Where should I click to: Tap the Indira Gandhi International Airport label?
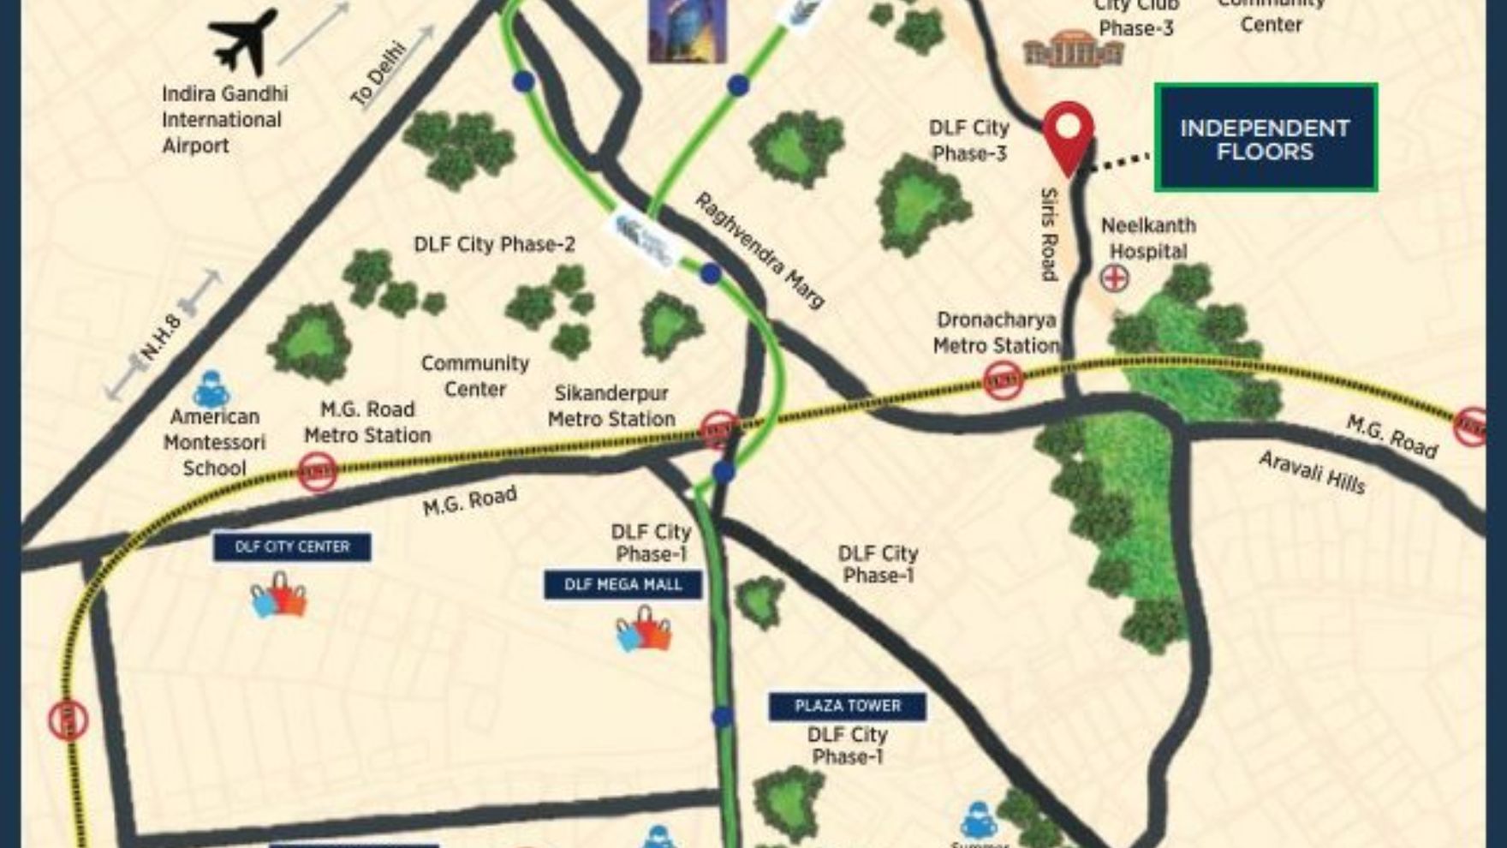(224, 119)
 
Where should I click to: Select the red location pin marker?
(1068, 134)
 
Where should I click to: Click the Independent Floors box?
(1265, 139)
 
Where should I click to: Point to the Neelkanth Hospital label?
(1148, 238)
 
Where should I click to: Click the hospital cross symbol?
(1114, 278)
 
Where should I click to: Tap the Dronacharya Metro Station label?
(996, 332)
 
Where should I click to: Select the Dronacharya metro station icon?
(1003, 379)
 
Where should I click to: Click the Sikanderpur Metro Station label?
(611, 406)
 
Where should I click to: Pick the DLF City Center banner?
(292, 546)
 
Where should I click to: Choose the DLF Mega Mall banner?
(623, 585)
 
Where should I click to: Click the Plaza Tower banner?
(848, 706)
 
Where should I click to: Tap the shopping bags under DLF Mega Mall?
(643, 631)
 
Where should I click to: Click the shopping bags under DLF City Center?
(279, 596)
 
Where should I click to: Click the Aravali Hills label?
(1312, 473)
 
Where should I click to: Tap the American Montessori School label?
(214, 442)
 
